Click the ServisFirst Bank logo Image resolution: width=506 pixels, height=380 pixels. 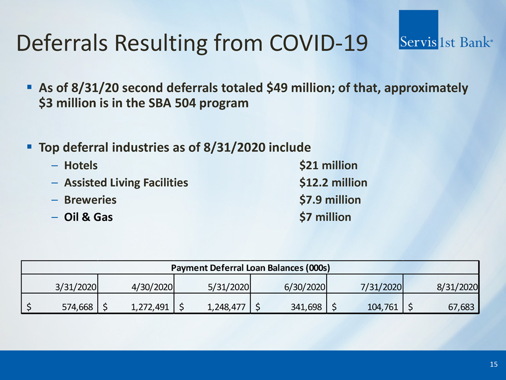pos(446,41)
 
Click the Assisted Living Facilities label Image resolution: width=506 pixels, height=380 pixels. pos(126,182)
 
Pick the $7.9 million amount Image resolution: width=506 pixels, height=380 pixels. pos(330,200)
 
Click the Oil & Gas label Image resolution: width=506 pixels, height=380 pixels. pos(88,217)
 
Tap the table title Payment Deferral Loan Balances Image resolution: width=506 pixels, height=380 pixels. pos(251,268)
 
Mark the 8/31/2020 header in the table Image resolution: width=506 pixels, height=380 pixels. pos(457,287)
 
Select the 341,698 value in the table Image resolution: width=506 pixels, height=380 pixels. pos(305,307)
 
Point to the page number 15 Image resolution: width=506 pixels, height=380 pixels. pos(493,364)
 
